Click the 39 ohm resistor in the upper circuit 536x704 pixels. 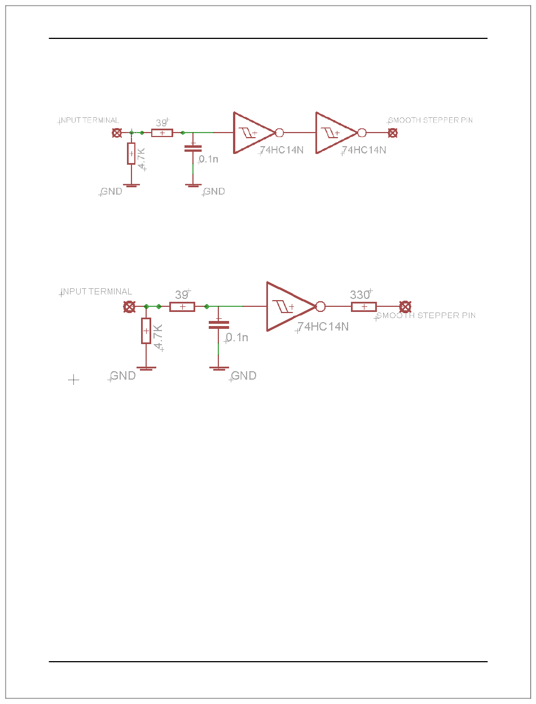[x=162, y=133]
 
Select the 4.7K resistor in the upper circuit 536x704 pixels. [x=131, y=153]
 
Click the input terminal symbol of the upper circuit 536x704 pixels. [x=117, y=133]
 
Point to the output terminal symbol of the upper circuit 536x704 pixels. [x=393, y=133]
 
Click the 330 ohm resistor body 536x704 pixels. [x=364, y=307]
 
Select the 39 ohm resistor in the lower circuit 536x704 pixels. [x=182, y=307]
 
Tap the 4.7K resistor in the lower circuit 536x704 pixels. [x=146, y=331]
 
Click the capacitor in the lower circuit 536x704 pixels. [x=219, y=324]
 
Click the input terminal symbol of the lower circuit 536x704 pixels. [x=129, y=307]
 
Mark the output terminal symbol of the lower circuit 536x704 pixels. [x=405, y=307]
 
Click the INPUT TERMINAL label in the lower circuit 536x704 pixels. [x=96, y=292]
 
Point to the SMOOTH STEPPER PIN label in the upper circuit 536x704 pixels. [x=430, y=120]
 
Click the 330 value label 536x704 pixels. [x=359, y=295]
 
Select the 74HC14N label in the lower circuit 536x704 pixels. [x=323, y=326]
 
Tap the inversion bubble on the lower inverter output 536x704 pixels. [x=320, y=307]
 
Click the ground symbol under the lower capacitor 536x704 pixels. [x=219, y=368]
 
